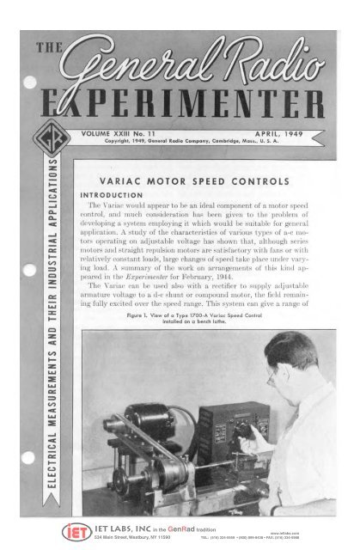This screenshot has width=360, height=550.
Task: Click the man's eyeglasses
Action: point(274,375)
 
